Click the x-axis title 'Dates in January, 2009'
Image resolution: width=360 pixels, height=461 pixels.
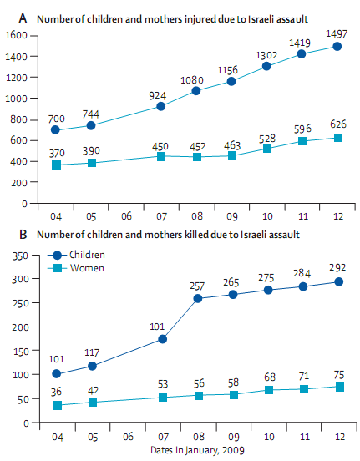point(195,451)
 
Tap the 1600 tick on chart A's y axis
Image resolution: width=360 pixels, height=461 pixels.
point(17,35)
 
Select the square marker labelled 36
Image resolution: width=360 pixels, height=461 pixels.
point(57,406)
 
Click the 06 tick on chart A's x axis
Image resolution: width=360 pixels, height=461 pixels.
point(125,214)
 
